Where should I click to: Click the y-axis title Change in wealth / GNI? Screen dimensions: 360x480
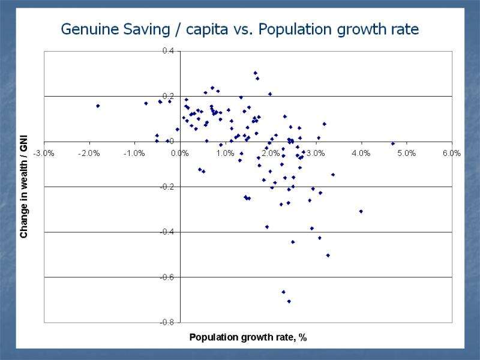click(x=24, y=187)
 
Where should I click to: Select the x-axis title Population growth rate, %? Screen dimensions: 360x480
click(x=248, y=337)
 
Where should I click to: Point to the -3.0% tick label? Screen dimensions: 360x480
click(x=44, y=153)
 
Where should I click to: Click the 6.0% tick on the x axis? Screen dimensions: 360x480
click(x=451, y=153)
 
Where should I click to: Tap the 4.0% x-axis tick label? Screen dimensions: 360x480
click(x=361, y=153)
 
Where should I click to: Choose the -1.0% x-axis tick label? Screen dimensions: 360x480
click(x=134, y=153)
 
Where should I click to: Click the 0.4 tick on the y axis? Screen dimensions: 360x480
click(x=168, y=51)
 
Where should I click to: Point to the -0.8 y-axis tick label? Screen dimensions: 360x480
click(x=167, y=323)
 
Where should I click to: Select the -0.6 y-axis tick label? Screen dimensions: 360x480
click(x=167, y=277)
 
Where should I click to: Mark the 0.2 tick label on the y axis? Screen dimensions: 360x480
click(x=168, y=96)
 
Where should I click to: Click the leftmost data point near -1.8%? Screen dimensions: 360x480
click(x=98, y=106)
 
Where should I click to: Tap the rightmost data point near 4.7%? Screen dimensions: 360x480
click(x=393, y=143)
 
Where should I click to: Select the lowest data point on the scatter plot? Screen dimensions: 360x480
click(x=289, y=301)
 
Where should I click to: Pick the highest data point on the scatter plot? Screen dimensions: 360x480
click(x=255, y=73)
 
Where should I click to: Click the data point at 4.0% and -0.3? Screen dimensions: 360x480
click(x=361, y=211)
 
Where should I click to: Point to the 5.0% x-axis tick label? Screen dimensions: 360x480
click(x=406, y=153)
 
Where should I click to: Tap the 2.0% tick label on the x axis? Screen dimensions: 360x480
click(x=271, y=153)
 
